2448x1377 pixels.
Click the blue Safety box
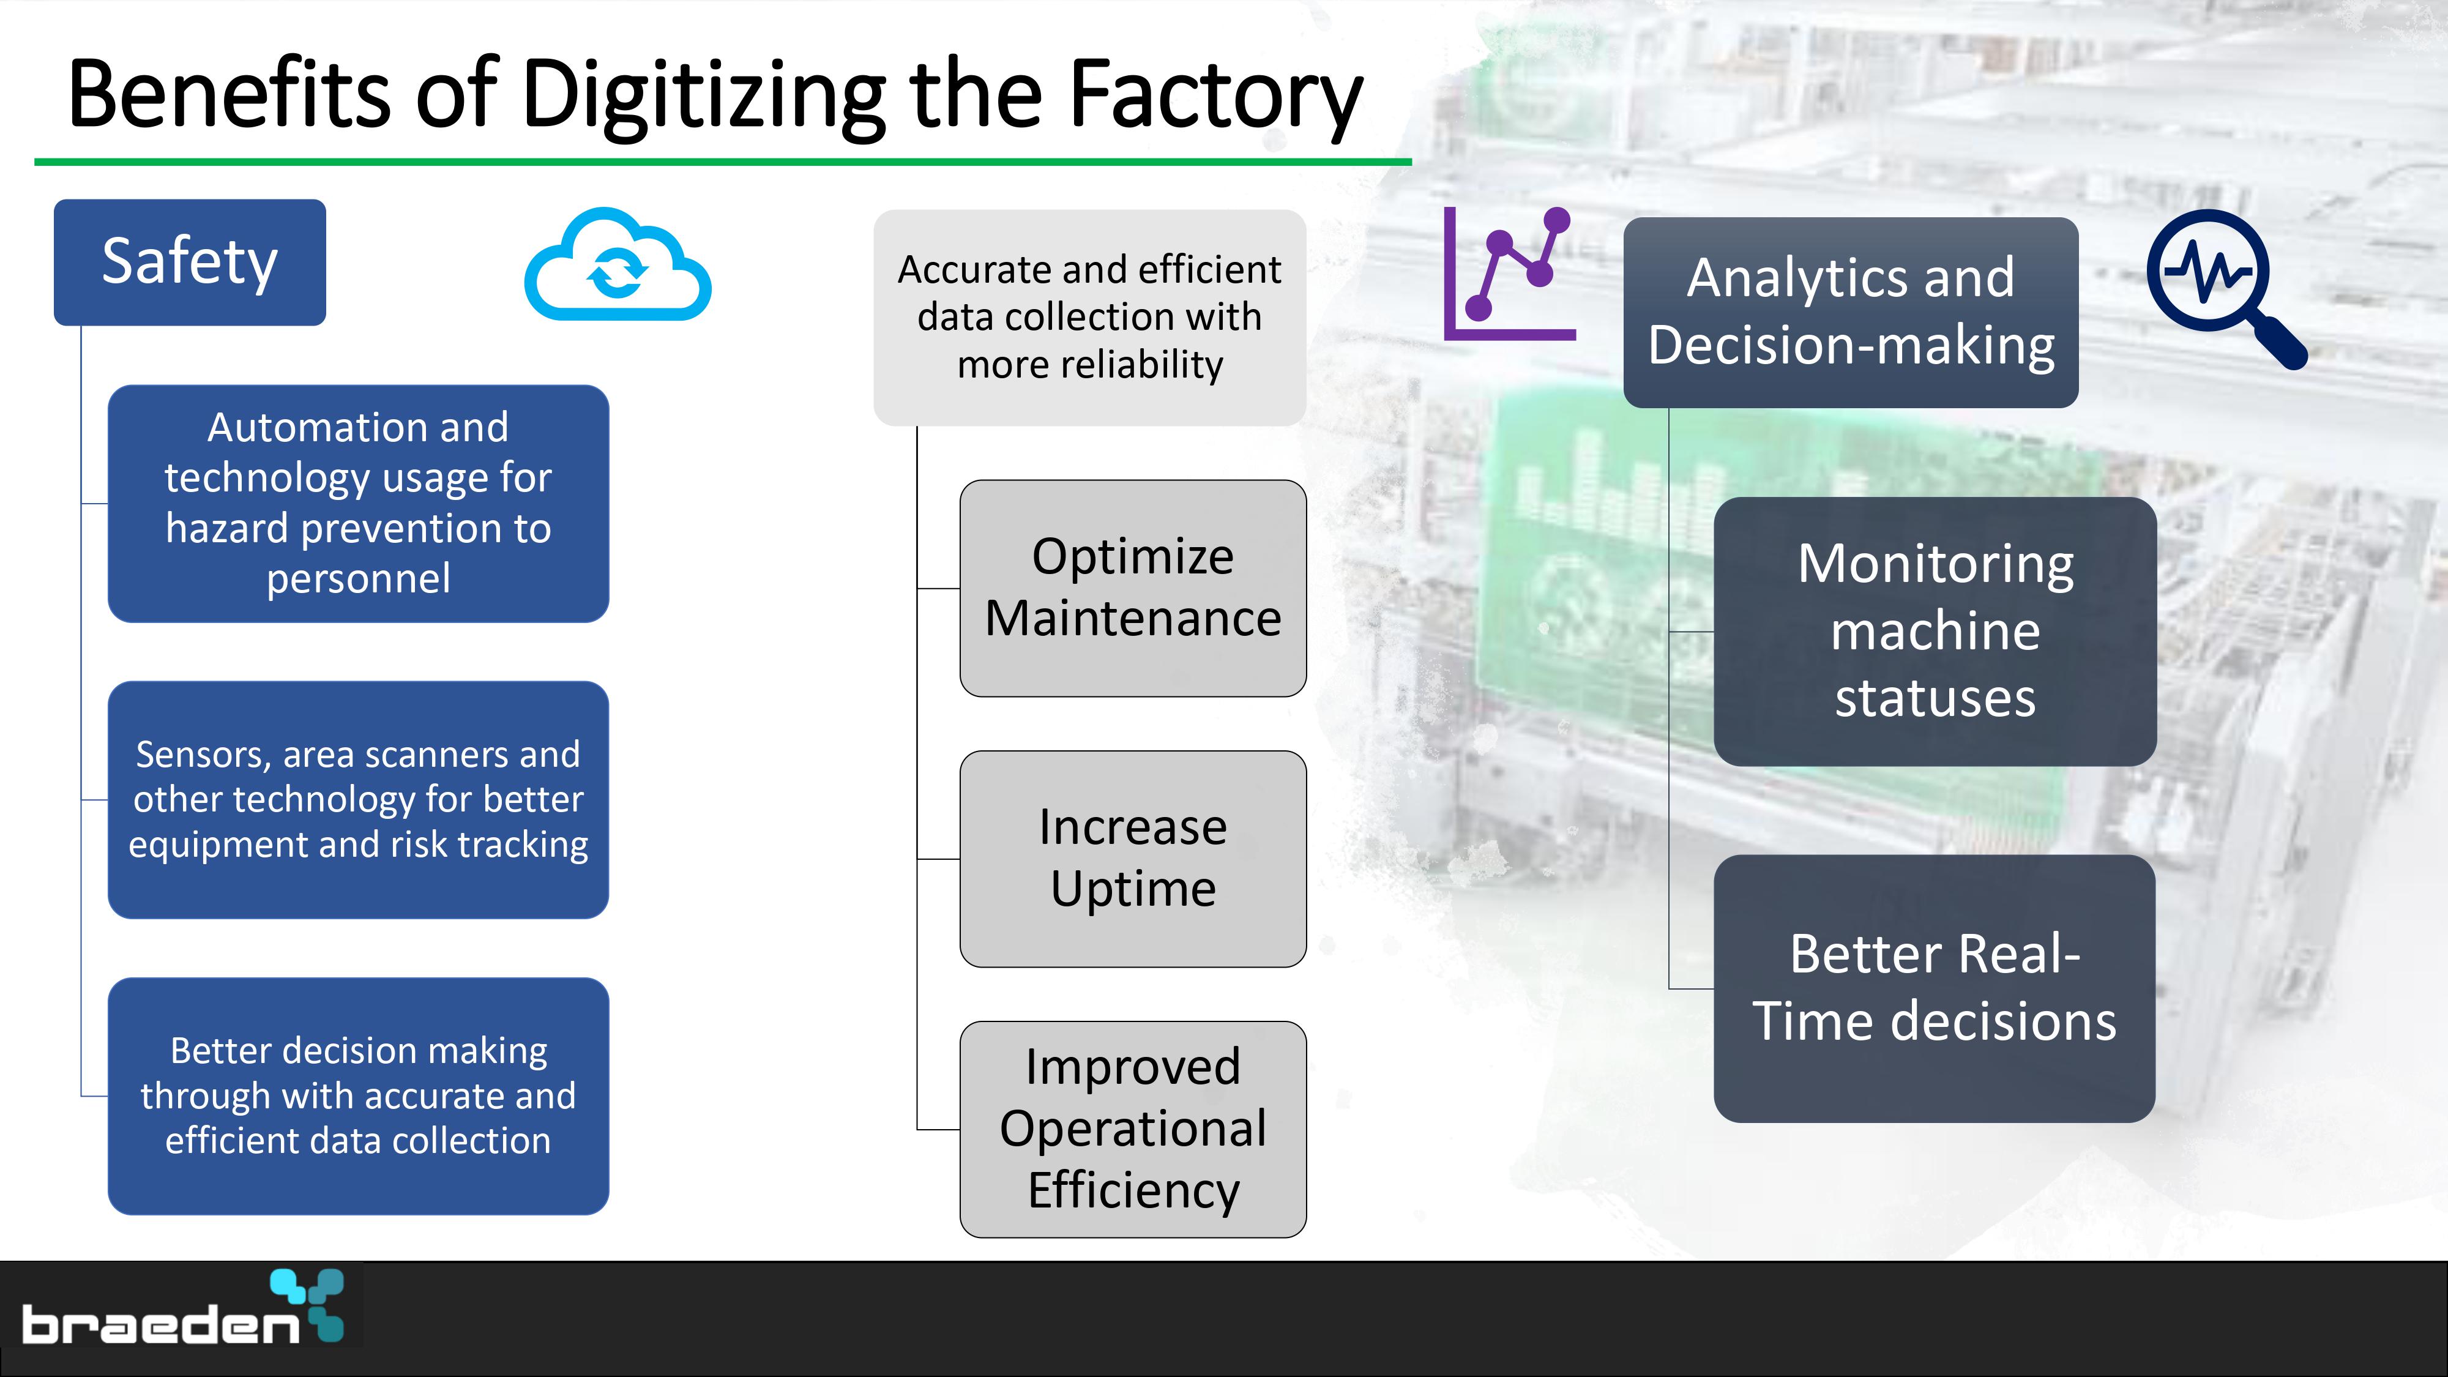(x=190, y=263)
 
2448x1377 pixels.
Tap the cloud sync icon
(x=618, y=265)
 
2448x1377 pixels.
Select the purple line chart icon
(x=1509, y=274)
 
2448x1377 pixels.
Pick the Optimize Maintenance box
(x=1133, y=588)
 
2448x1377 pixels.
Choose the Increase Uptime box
(x=1133, y=859)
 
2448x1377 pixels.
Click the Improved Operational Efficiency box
(x=1133, y=1129)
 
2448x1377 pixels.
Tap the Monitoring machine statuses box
(x=1935, y=631)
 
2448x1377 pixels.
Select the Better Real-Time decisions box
(x=1935, y=988)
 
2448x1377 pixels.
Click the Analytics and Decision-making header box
(x=1850, y=313)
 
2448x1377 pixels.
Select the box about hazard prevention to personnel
(x=358, y=504)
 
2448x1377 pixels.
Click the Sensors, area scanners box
(x=358, y=799)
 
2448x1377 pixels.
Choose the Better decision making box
(x=358, y=1095)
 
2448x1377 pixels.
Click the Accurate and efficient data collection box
(x=1090, y=318)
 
